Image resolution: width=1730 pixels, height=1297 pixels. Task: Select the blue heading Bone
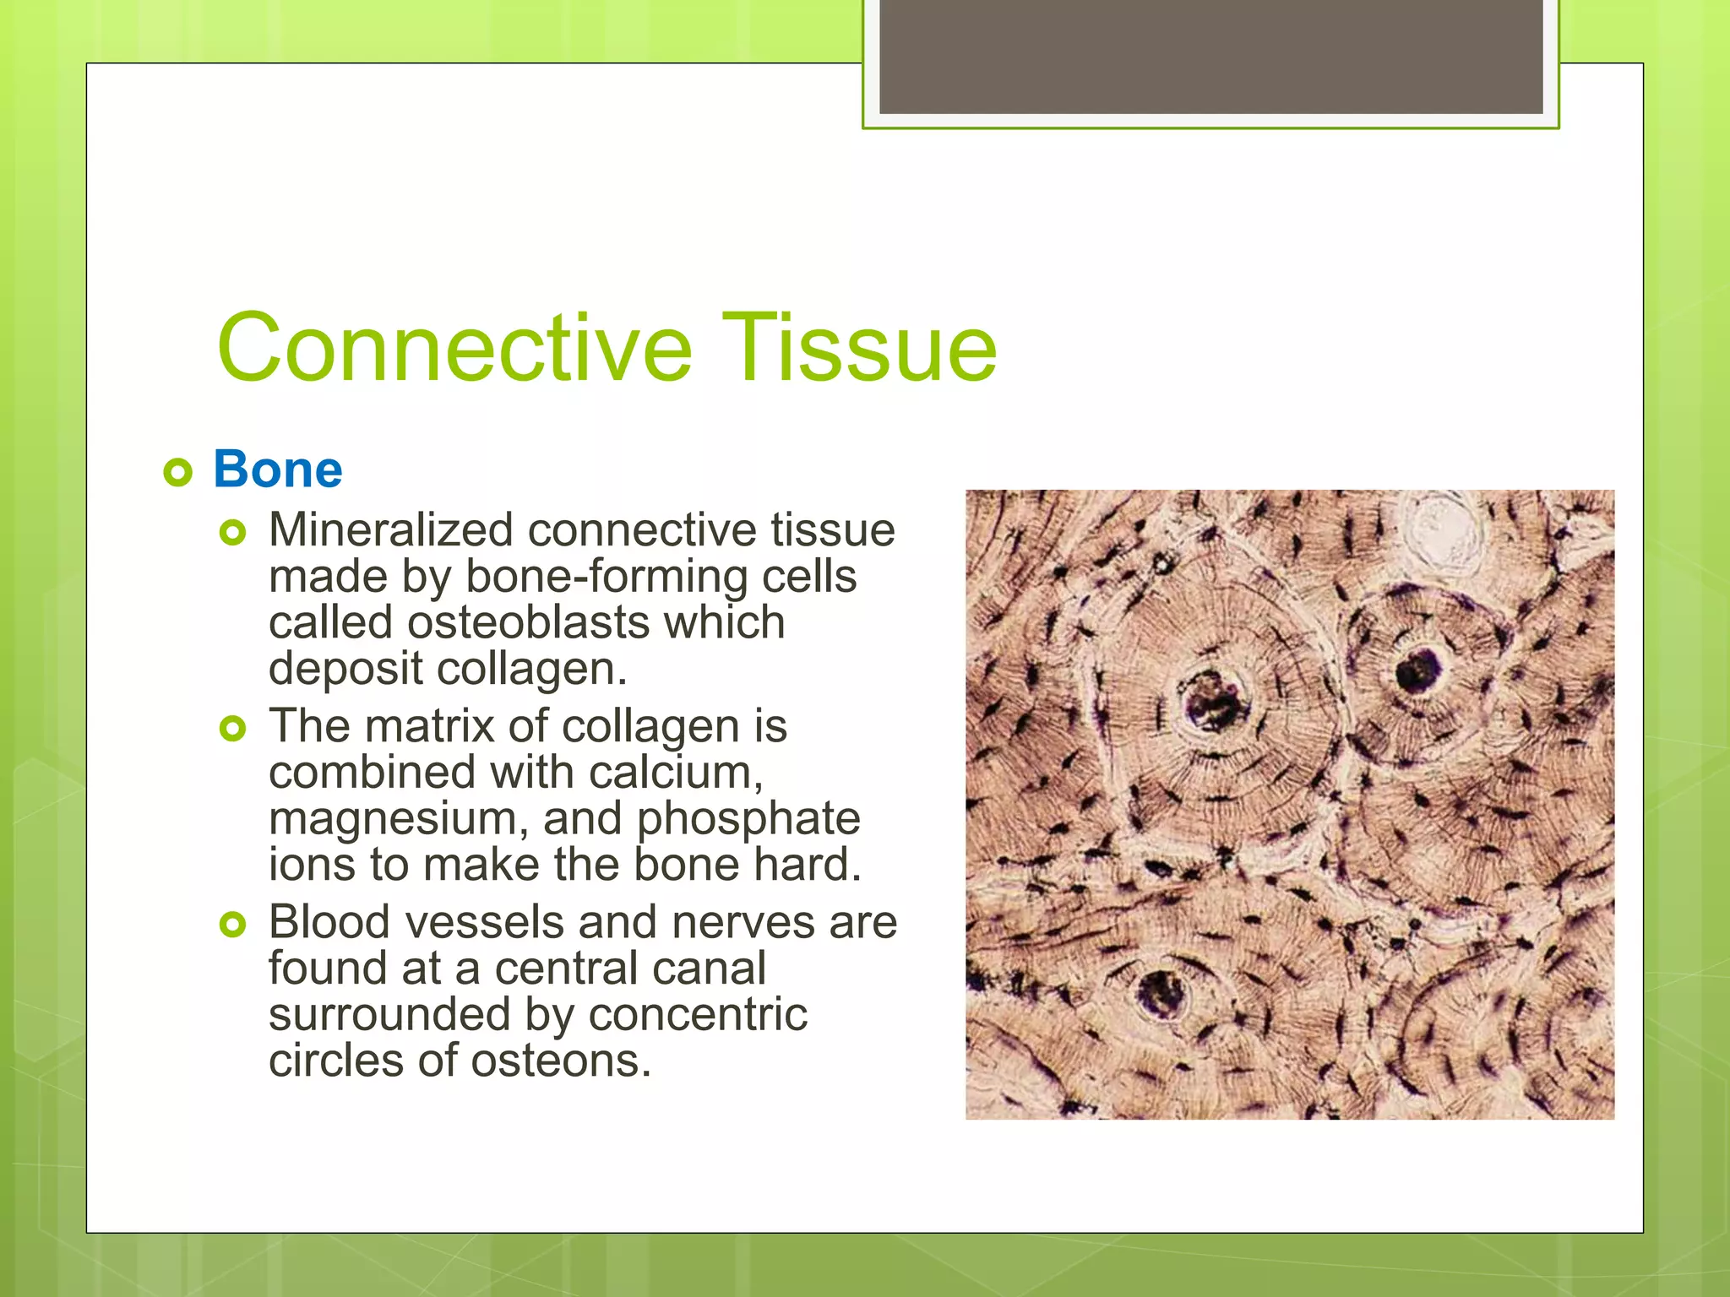tap(278, 469)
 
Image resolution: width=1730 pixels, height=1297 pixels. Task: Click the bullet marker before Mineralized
tap(232, 533)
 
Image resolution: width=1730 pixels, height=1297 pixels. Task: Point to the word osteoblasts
tap(527, 622)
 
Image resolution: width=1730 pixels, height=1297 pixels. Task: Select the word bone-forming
tap(607, 577)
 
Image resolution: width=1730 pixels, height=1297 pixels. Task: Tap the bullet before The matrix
tap(232, 728)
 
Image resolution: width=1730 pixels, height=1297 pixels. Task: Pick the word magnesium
tap(394, 819)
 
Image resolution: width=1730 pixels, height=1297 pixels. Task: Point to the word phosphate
tap(748, 819)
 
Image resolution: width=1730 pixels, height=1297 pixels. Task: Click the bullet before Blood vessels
tap(232, 925)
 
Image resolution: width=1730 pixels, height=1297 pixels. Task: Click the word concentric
tap(698, 1014)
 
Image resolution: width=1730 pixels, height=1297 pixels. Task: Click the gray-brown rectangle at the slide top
tap(1210, 56)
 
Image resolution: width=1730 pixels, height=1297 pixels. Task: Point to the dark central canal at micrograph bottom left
tap(1161, 993)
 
